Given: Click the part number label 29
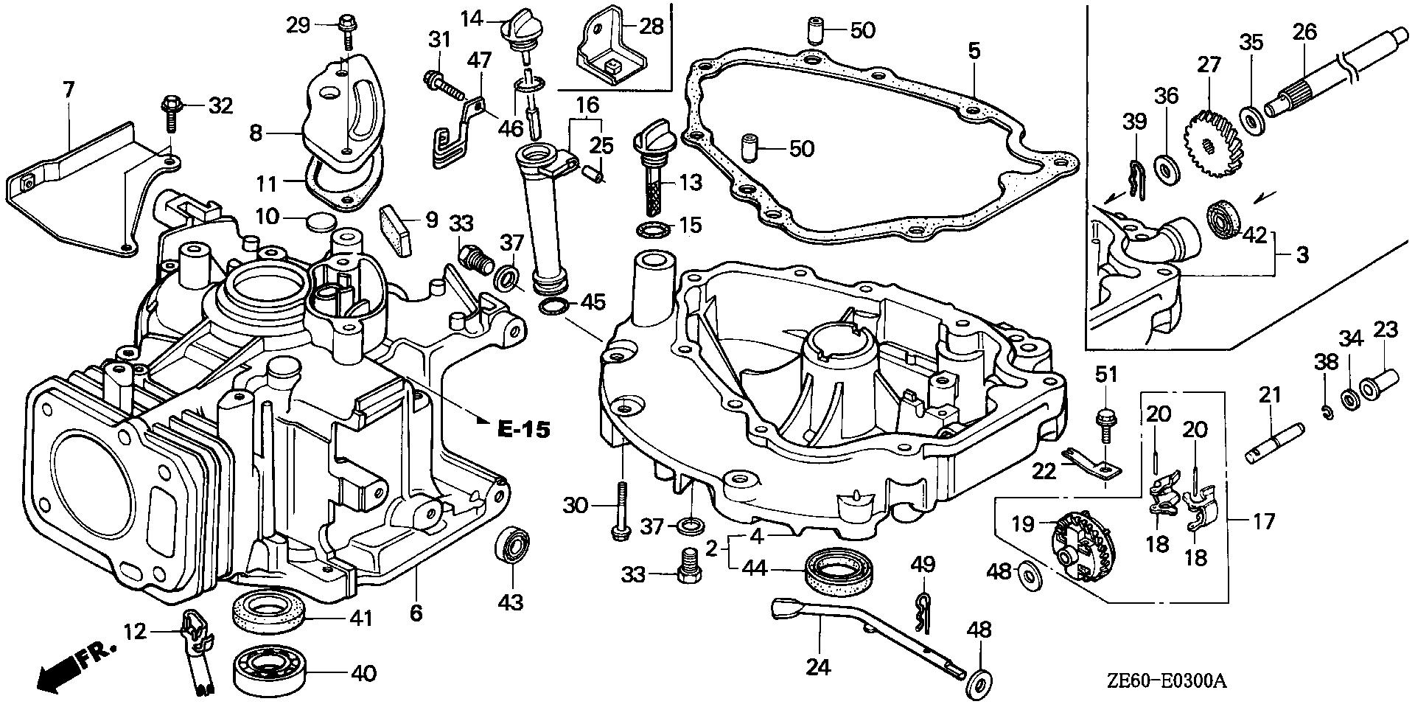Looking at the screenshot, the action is pos(298,25).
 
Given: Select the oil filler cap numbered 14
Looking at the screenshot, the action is pos(520,32).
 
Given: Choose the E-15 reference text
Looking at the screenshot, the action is pos(522,429).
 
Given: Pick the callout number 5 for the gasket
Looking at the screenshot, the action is pos(974,51).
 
